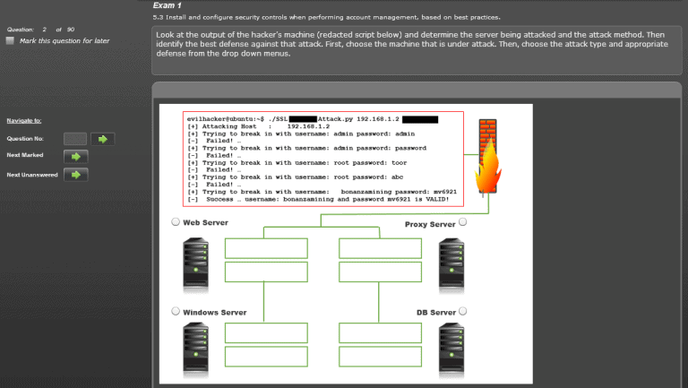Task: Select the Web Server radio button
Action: click(x=176, y=222)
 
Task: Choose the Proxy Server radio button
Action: click(x=463, y=222)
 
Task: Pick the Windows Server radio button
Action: click(x=176, y=311)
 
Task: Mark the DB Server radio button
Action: click(x=463, y=311)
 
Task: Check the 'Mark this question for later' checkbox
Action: click(x=10, y=40)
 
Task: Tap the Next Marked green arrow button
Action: click(x=76, y=156)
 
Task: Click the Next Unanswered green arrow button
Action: click(x=76, y=174)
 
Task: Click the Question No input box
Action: click(x=75, y=139)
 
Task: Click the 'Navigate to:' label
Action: click(x=24, y=120)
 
